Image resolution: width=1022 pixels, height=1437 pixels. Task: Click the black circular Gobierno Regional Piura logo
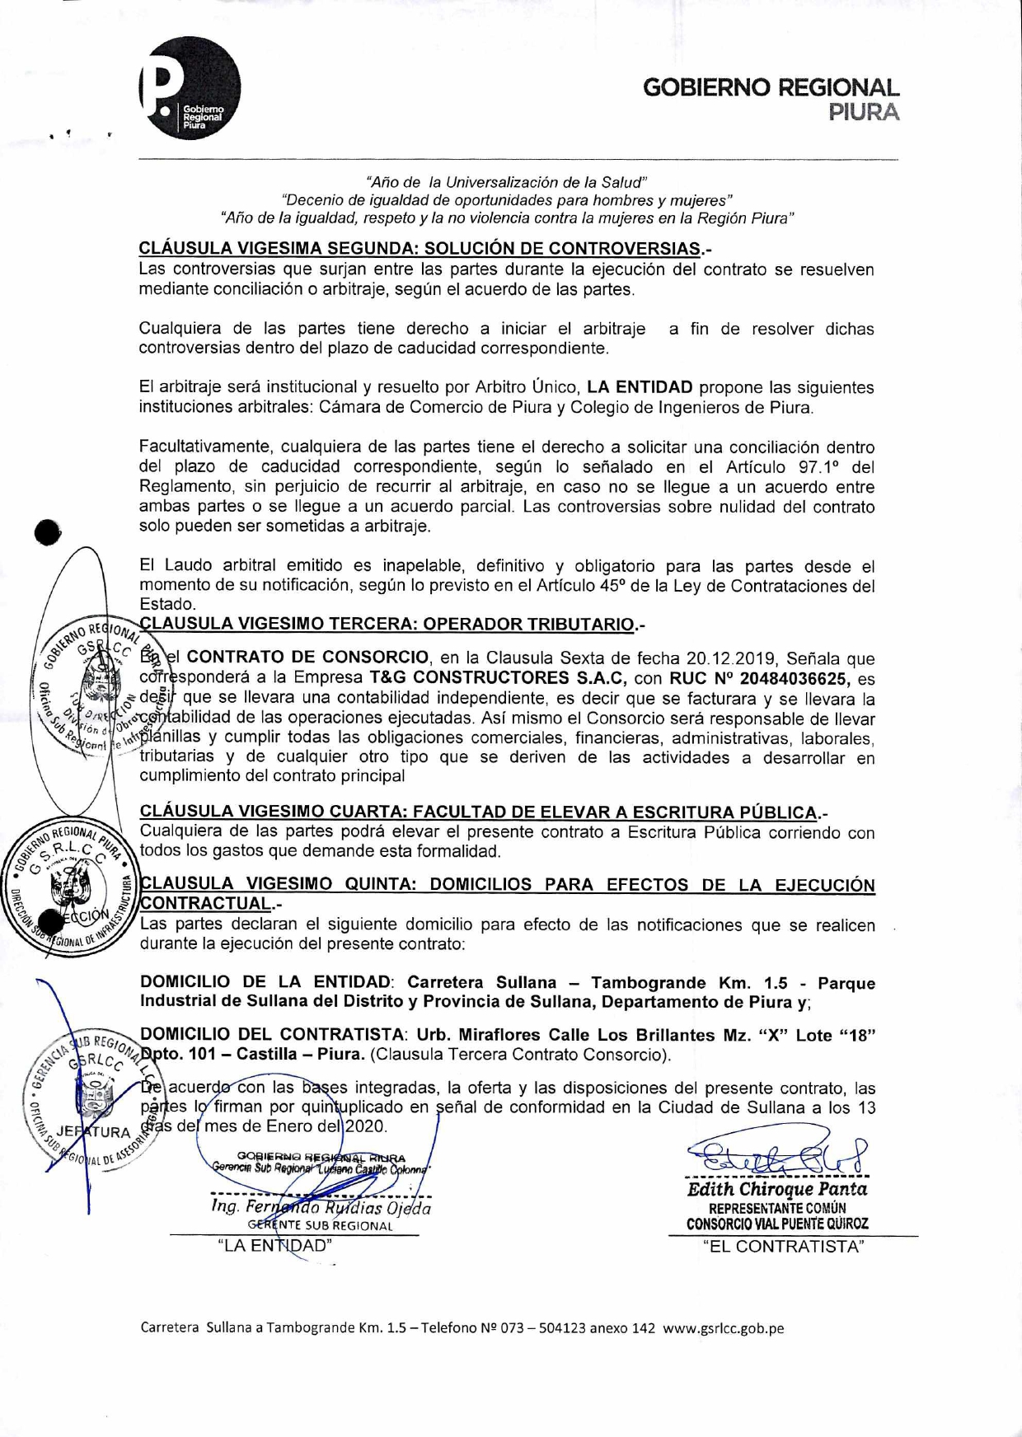(x=190, y=89)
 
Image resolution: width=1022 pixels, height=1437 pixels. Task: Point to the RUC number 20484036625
(x=795, y=679)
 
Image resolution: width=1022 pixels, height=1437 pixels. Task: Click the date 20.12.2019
(x=732, y=659)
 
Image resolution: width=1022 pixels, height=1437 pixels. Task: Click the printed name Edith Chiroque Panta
(x=777, y=1190)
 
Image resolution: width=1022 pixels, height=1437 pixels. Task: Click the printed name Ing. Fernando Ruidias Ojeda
(x=321, y=1208)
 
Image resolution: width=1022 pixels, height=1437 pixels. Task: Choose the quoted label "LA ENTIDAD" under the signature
(x=274, y=1246)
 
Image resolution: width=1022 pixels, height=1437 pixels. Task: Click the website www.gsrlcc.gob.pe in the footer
(x=723, y=1328)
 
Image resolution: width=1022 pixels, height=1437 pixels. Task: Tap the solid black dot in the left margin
(x=49, y=534)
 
